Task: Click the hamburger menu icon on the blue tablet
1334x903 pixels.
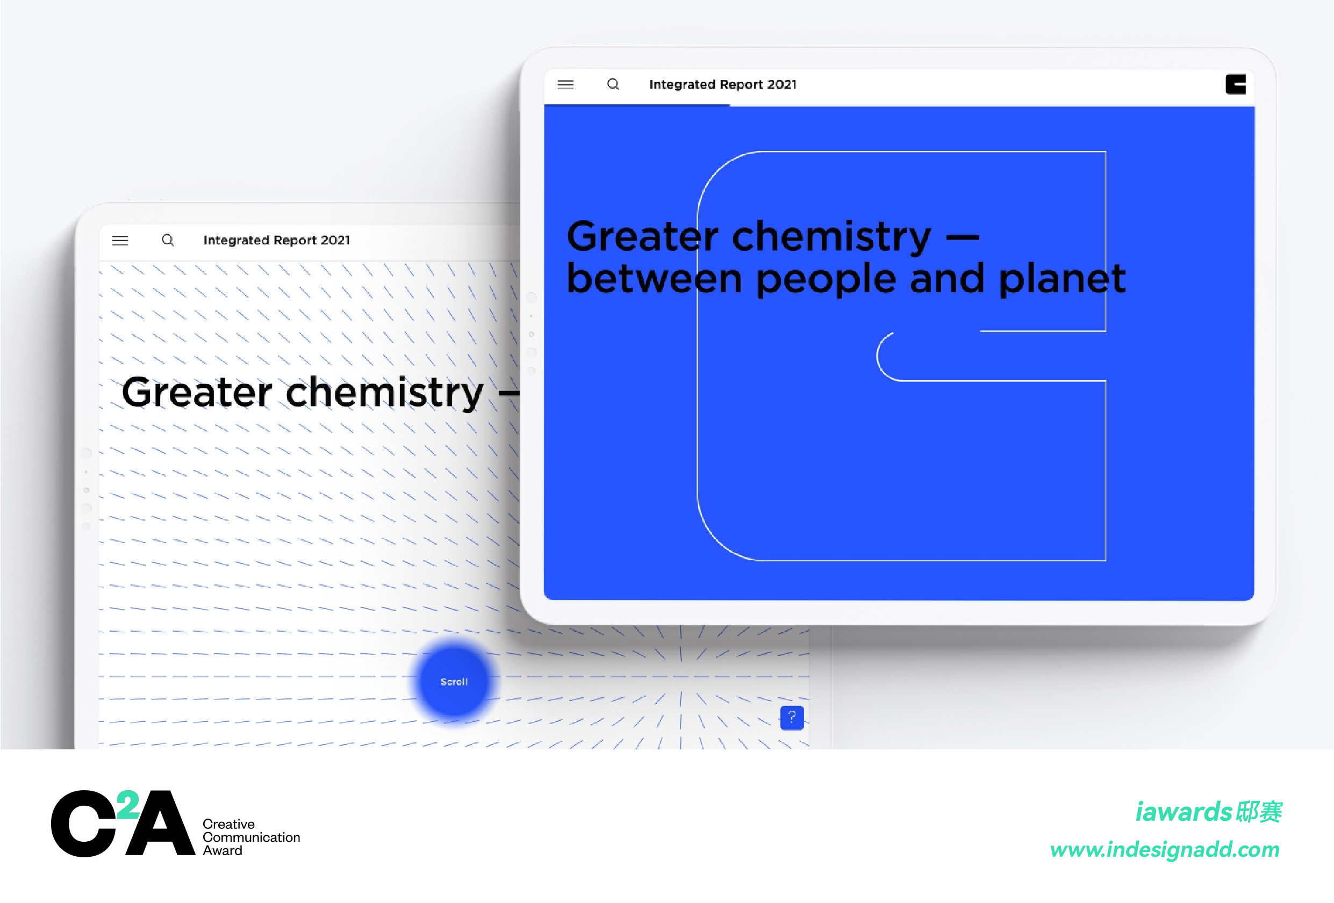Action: point(565,85)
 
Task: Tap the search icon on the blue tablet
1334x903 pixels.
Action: point(613,84)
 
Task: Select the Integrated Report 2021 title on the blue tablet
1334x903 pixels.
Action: point(723,84)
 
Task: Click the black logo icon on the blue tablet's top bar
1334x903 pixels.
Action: point(1235,84)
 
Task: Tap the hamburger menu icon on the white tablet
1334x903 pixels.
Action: point(120,240)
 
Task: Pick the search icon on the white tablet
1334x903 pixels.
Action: point(168,240)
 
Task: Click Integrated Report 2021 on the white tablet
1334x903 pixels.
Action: point(277,240)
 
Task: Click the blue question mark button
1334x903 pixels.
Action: point(792,717)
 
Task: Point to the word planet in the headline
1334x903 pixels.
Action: point(1062,279)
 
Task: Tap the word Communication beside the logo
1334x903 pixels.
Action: point(252,837)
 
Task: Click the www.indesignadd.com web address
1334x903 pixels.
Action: point(1165,850)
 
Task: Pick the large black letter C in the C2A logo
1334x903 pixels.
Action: point(84,823)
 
